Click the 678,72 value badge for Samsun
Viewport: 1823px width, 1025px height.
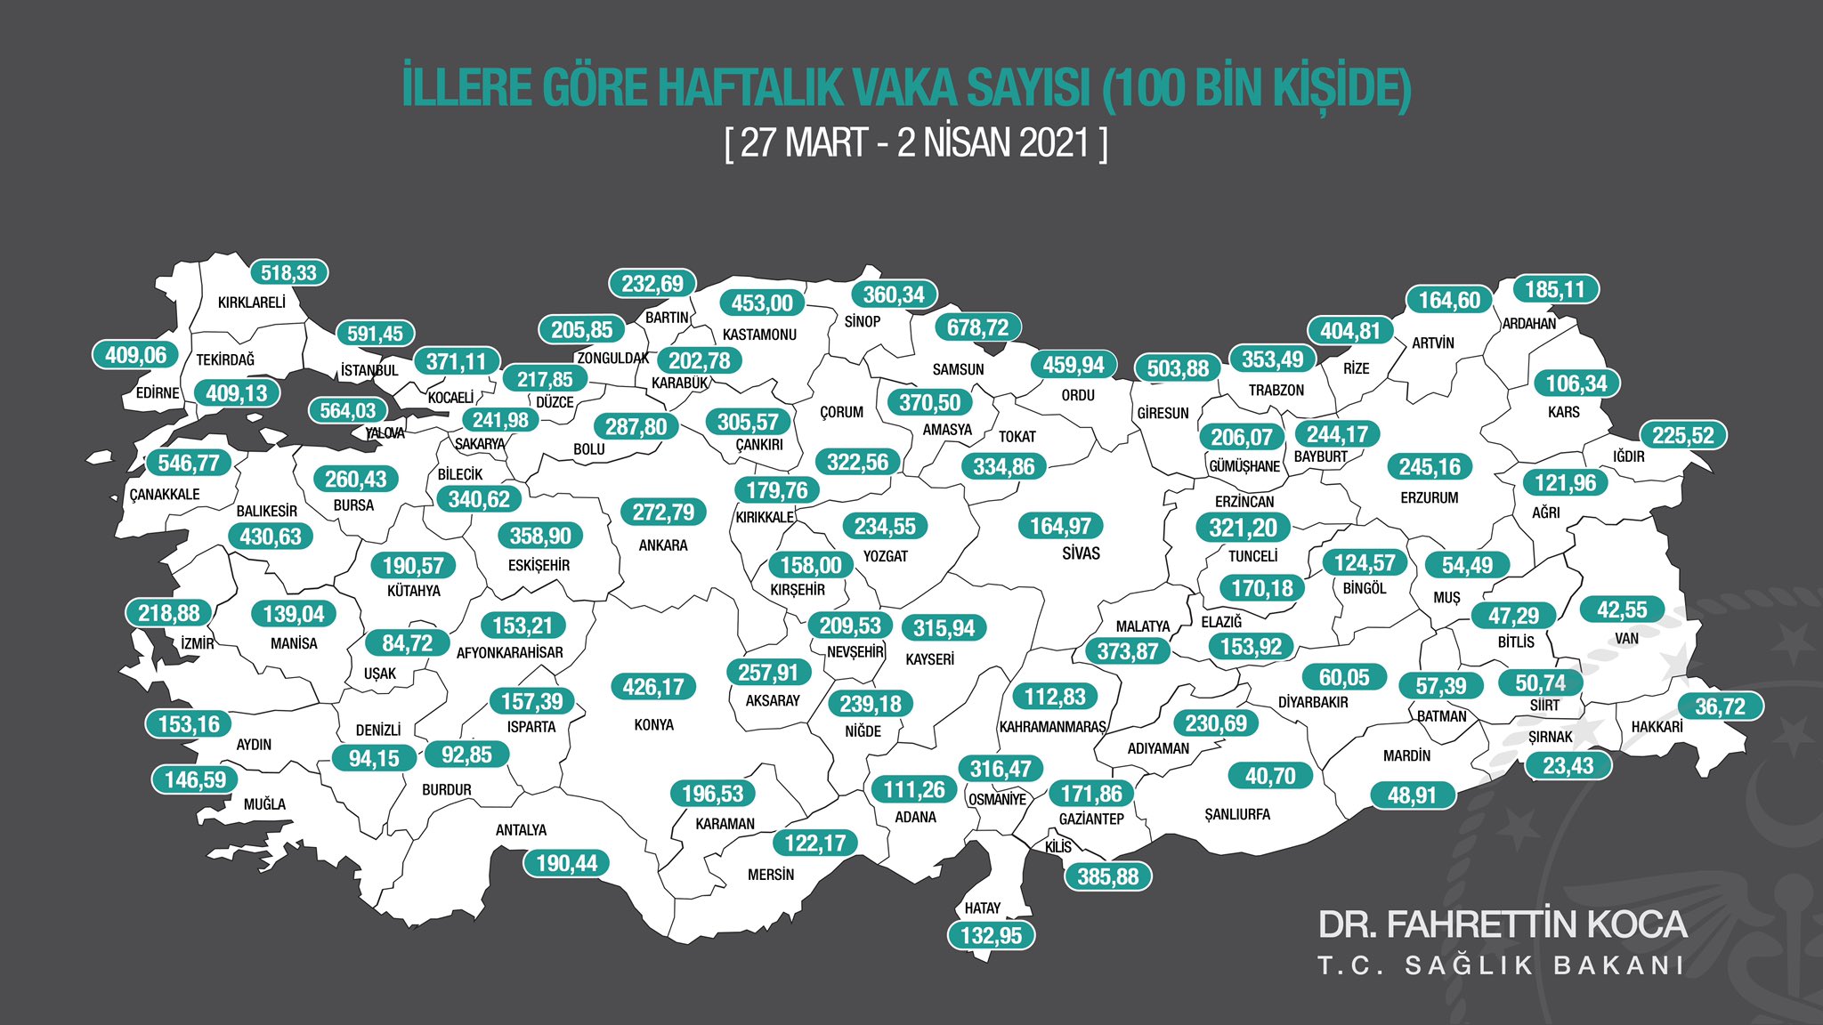point(977,327)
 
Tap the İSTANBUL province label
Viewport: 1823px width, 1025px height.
point(369,370)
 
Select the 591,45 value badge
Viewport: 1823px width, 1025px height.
point(375,334)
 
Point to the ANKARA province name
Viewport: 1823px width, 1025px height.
point(663,545)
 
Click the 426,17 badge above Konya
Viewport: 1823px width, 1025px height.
point(653,687)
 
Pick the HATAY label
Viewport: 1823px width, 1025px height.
point(982,908)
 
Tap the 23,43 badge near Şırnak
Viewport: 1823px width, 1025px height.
point(1568,765)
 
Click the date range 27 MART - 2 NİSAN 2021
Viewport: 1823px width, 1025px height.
point(916,142)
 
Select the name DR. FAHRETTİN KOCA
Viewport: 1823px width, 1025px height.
point(1502,924)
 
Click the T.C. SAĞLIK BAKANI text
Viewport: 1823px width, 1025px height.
point(1502,966)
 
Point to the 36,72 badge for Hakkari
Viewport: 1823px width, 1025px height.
point(1720,706)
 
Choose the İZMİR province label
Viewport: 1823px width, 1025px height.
point(198,643)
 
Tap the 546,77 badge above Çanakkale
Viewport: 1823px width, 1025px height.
point(188,463)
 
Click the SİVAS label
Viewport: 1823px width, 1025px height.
point(1081,553)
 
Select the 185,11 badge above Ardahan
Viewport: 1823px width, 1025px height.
point(1554,289)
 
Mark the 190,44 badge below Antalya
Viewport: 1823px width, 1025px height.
point(566,863)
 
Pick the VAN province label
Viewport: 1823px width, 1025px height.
point(1626,639)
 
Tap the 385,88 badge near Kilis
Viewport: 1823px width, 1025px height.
point(1107,876)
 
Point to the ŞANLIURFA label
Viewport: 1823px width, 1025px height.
point(1236,815)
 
